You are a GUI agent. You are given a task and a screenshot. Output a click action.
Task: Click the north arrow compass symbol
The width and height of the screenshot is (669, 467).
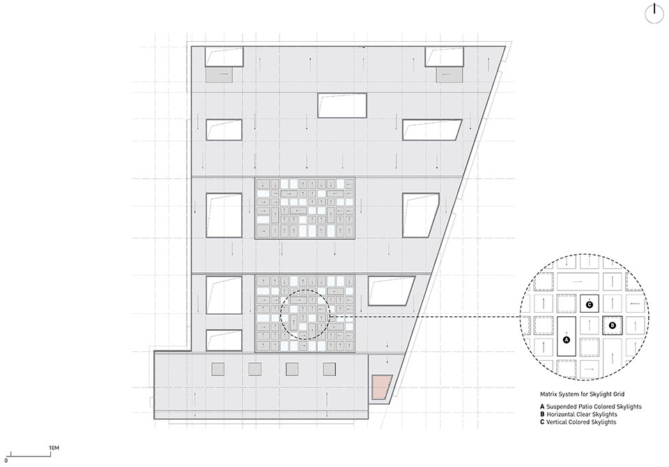click(x=654, y=14)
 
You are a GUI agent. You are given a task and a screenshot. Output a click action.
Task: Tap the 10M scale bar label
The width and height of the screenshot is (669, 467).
click(x=54, y=447)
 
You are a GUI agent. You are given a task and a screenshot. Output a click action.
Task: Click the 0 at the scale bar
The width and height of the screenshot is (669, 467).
click(x=6, y=461)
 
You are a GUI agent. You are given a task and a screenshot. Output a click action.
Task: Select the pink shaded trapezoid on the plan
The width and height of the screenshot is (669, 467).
click(x=381, y=387)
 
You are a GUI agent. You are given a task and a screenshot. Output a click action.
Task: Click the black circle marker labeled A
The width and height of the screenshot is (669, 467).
click(x=567, y=340)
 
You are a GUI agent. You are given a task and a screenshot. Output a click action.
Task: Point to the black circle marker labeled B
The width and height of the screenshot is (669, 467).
click(x=612, y=325)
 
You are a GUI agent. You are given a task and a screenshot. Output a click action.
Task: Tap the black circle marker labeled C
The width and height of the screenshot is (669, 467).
click(x=590, y=304)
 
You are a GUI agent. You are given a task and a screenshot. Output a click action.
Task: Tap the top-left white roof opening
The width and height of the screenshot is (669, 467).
click(x=224, y=57)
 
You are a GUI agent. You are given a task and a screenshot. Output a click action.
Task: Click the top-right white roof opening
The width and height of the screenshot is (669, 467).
click(x=444, y=57)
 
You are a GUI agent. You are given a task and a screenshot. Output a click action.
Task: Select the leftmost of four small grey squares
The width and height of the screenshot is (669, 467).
click(x=217, y=369)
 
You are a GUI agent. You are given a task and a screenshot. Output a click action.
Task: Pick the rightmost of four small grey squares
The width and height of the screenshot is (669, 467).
click(x=329, y=369)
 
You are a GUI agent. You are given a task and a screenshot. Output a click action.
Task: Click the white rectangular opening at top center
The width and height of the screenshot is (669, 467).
click(x=341, y=105)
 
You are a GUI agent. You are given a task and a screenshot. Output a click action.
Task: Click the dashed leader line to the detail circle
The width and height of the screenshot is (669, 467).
click(x=425, y=317)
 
